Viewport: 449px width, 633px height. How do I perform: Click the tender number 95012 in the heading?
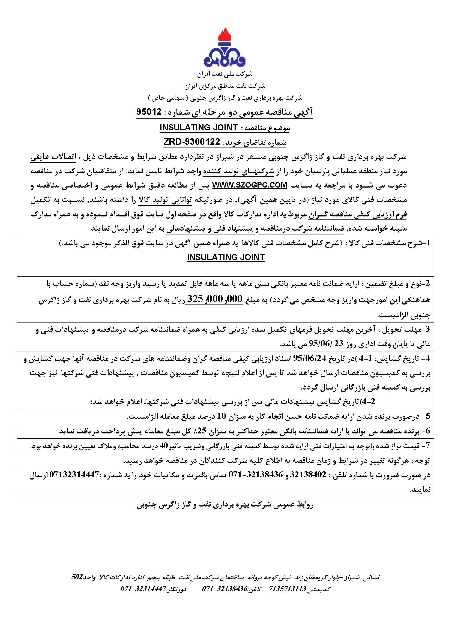(x=149, y=112)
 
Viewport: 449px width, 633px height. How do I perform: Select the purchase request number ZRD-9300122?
(x=191, y=142)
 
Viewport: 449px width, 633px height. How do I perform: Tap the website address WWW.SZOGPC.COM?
(x=250, y=185)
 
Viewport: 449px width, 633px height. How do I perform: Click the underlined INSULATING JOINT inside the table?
(x=226, y=257)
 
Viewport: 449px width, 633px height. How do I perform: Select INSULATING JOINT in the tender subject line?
(x=199, y=127)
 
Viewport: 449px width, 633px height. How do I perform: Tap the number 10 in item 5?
(x=222, y=416)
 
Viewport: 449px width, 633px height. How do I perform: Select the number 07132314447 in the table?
(x=74, y=475)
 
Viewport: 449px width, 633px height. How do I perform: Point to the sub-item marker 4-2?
(x=369, y=401)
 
